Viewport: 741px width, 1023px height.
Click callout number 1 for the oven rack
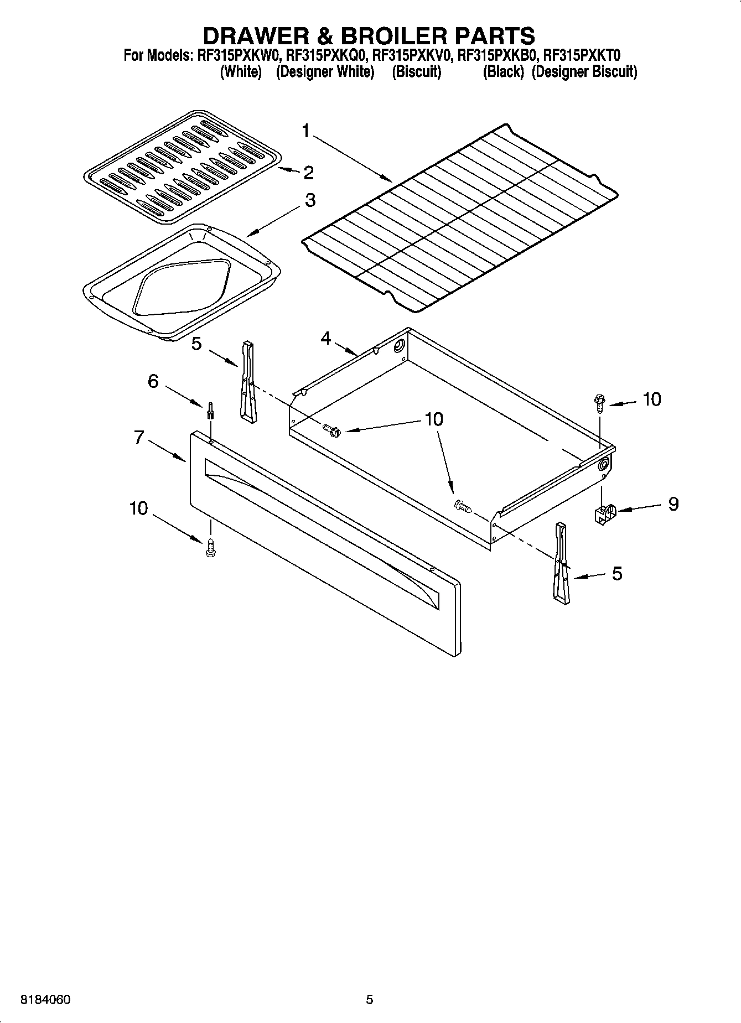306,131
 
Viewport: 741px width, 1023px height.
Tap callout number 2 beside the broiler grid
308,173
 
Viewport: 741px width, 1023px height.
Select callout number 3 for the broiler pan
310,200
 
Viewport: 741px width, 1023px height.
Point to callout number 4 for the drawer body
326,337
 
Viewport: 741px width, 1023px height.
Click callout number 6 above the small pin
153,381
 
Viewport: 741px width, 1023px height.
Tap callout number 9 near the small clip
673,503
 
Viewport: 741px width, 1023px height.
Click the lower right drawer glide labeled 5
560,561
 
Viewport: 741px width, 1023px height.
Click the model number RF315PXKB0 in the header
497,55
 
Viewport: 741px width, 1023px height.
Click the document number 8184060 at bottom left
45,1000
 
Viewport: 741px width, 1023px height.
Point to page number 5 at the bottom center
370,1000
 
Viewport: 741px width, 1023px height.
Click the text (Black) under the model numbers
503,72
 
